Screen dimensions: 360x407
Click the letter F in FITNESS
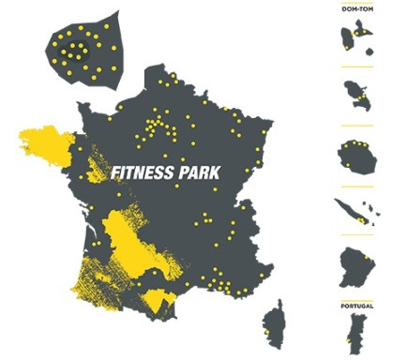click(114, 173)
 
